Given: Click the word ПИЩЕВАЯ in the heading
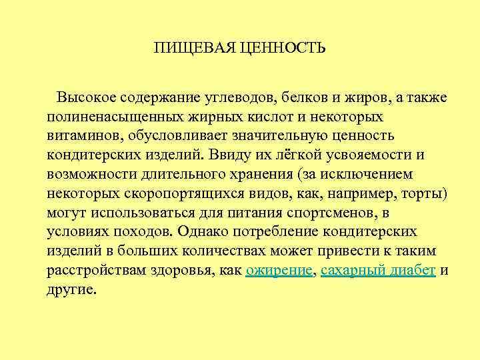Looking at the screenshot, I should pos(186,49).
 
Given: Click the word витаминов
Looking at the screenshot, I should pos(85,136).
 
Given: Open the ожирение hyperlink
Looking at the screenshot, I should pos(279,271).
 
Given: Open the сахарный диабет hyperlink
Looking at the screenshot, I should pos(378,271).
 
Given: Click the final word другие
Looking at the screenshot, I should pos(71,290).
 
